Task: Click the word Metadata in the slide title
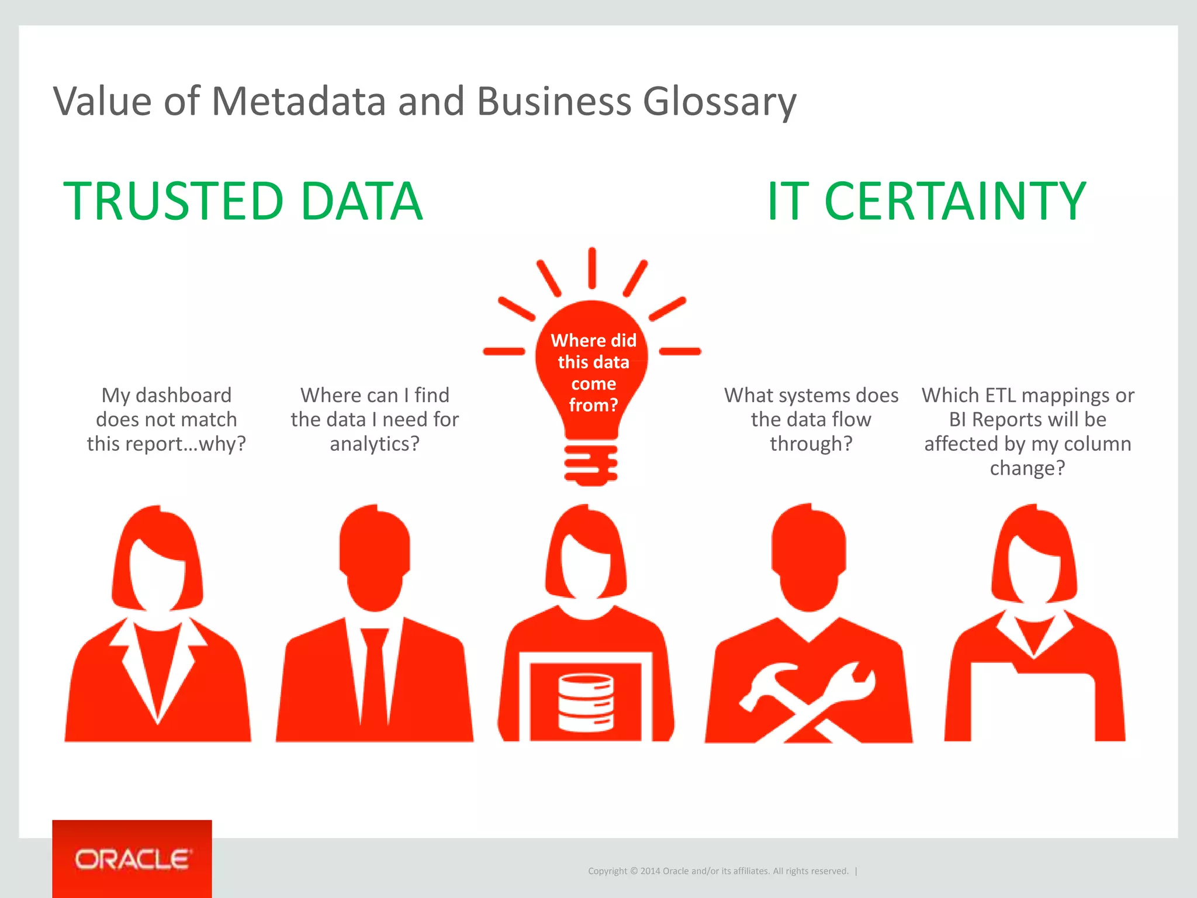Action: pos(298,101)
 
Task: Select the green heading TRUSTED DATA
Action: pos(243,201)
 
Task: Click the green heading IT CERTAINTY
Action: pos(926,201)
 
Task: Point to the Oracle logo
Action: pos(132,859)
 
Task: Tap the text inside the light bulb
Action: pos(593,372)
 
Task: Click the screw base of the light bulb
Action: pos(591,465)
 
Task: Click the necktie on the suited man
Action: pos(373,672)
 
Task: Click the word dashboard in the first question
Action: pos(184,396)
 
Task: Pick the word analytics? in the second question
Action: pos(375,444)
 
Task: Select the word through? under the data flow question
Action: pos(811,444)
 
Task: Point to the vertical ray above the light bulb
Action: pos(592,268)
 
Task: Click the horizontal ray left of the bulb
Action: pos(504,351)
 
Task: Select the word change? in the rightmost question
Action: pos(1028,468)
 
